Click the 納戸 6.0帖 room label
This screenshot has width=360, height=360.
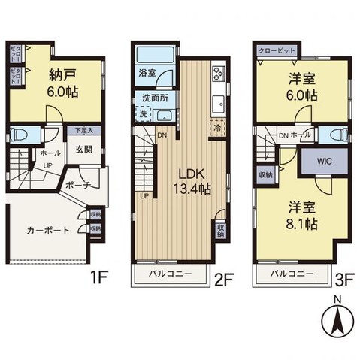click(63, 83)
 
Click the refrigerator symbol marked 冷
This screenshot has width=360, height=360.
click(216, 127)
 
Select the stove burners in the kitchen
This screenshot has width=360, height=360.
click(219, 74)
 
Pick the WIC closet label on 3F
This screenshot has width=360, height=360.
click(324, 160)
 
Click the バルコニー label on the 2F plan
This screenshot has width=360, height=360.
click(171, 274)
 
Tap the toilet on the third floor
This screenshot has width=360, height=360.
click(337, 135)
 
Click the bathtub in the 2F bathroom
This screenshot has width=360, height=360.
click(155, 56)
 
